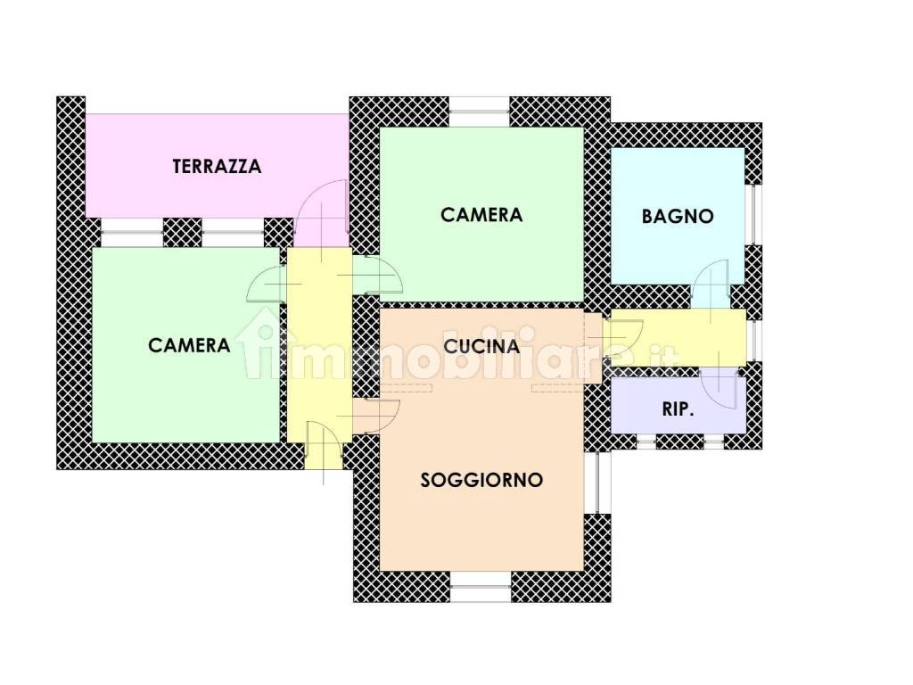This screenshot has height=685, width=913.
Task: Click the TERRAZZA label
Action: pyautogui.click(x=218, y=167)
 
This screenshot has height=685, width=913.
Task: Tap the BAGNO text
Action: pyautogui.click(x=678, y=217)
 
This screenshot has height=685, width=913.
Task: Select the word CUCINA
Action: pyautogui.click(x=481, y=347)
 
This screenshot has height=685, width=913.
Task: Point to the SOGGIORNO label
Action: pyautogui.click(x=481, y=480)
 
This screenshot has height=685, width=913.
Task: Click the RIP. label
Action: pyautogui.click(x=679, y=409)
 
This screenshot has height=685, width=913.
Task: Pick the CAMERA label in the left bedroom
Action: pyautogui.click(x=189, y=345)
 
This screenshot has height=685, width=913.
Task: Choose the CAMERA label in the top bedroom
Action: pyautogui.click(x=481, y=215)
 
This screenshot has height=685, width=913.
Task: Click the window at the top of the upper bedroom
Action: pyautogui.click(x=480, y=111)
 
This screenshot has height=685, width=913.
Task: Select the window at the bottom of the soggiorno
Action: pyautogui.click(x=481, y=586)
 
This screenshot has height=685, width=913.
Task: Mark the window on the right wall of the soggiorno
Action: pyautogui.click(x=597, y=483)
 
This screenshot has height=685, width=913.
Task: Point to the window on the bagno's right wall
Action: pyautogui.click(x=754, y=214)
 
